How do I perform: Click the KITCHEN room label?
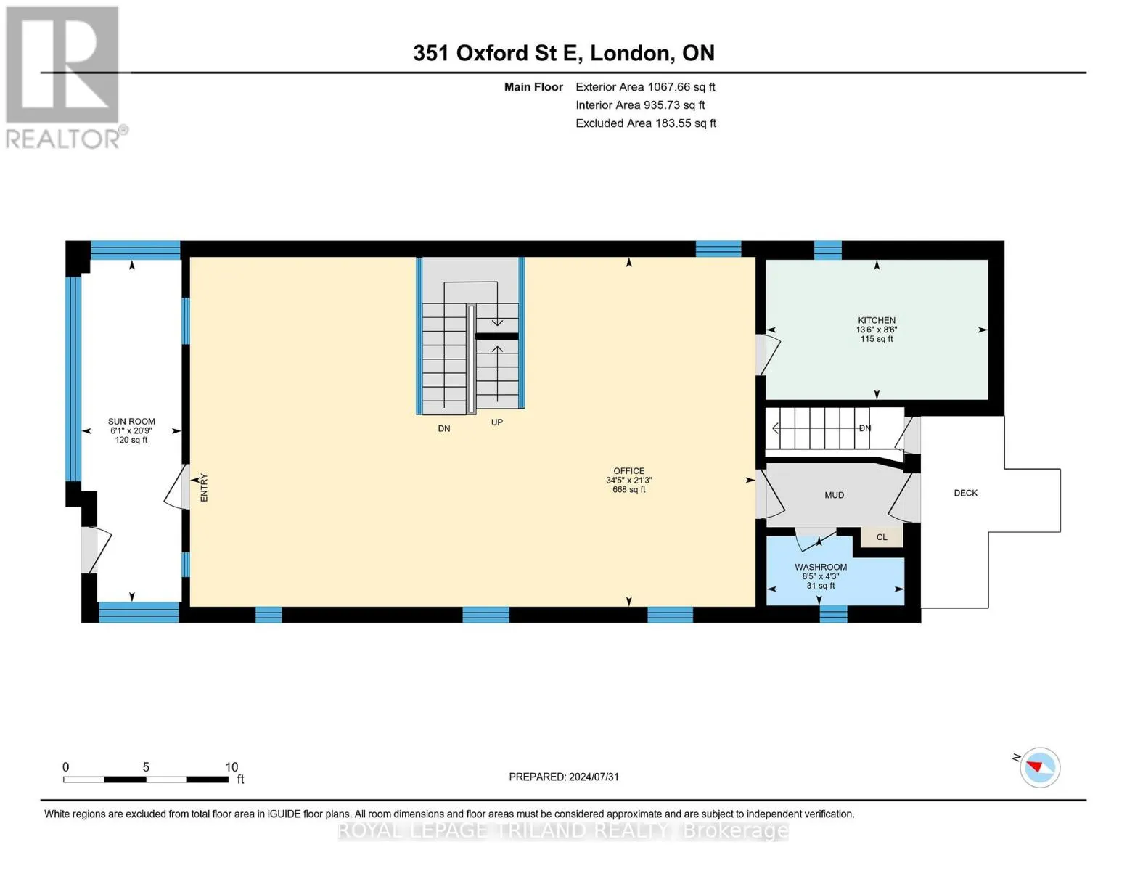point(876,320)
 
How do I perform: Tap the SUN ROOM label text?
point(131,421)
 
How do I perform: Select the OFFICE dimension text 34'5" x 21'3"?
point(628,481)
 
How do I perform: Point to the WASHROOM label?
point(821,567)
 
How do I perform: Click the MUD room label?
point(834,495)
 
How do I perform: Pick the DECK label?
point(965,493)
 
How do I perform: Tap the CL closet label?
point(882,537)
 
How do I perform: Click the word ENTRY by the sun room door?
point(204,488)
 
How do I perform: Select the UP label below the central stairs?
point(497,422)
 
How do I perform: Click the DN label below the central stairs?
point(444,428)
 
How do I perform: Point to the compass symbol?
point(1039,766)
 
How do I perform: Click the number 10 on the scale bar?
point(231,766)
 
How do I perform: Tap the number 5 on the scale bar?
point(146,766)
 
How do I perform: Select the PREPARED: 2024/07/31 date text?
point(564,777)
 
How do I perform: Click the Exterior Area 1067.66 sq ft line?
point(645,87)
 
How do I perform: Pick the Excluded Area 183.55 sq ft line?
point(646,123)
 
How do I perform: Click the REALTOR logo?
point(65,78)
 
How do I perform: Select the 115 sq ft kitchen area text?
point(877,339)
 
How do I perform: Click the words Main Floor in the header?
point(533,87)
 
